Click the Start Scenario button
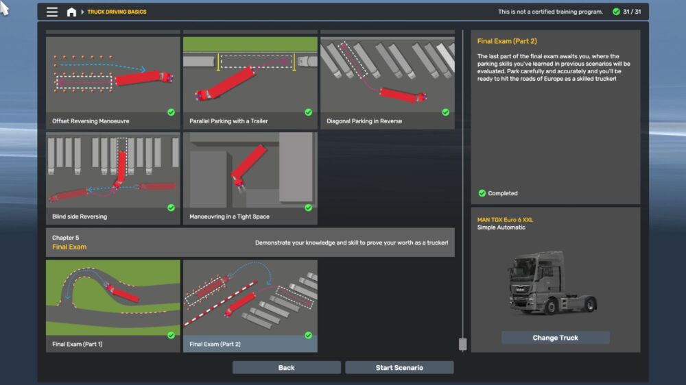coord(399,367)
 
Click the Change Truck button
coord(555,337)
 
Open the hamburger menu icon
coord(52,12)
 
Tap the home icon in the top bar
coord(71,12)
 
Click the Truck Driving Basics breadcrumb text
coord(117,12)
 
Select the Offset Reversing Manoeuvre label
coord(91,121)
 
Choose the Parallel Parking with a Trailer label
coord(228,121)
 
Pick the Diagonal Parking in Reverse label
coord(364,121)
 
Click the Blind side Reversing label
coord(80,216)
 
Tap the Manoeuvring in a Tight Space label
coord(229,216)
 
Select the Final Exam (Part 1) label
coord(78,344)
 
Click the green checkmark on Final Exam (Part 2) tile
coord(309,335)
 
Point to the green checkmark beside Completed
coord(482,193)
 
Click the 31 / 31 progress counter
coord(632,12)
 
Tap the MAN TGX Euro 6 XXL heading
coord(505,220)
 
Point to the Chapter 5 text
coord(66,238)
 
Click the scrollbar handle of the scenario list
coord(462,344)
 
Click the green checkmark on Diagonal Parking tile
coord(445,112)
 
